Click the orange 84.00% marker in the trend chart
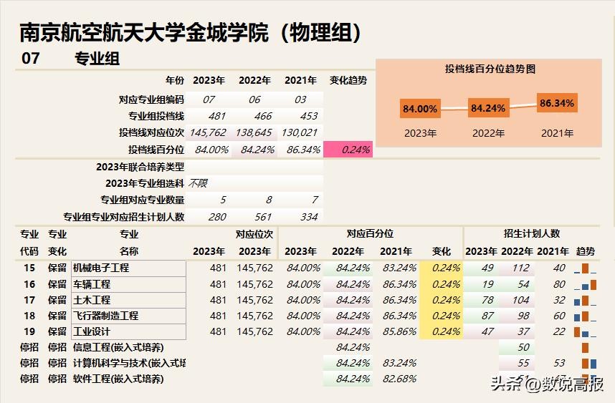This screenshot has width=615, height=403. click(420, 109)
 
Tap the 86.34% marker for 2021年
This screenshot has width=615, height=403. click(557, 103)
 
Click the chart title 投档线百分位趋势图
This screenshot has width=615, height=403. click(490, 69)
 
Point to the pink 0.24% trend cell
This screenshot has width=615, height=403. click(348, 150)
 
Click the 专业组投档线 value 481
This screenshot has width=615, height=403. click(217, 116)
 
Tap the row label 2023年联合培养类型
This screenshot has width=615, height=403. click(140, 167)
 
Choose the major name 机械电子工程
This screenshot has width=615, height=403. click(101, 268)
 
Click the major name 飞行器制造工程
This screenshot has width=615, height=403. click(105, 316)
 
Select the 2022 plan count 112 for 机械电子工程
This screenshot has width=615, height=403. click(520, 268)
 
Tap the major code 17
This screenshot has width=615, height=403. click(29, 300)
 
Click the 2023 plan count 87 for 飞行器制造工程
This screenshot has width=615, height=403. click(487, 316)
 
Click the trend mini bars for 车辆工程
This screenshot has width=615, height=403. click(585, 284)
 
